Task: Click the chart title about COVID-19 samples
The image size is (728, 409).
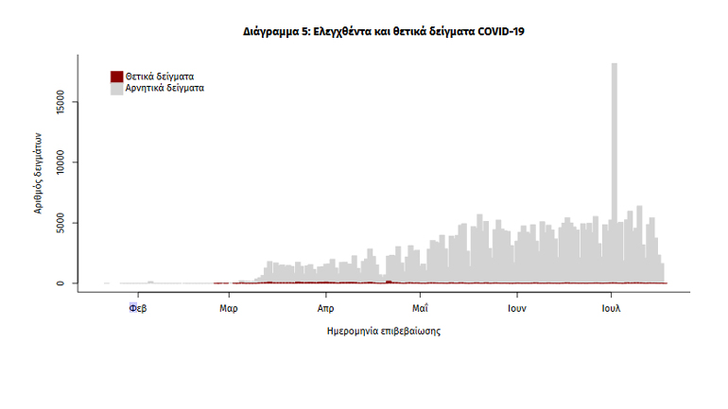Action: [383, 31]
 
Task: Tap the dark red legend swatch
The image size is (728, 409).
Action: [116, 76]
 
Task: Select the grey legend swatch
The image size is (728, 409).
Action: [116, 88]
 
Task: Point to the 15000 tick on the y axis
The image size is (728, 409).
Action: [61, 101]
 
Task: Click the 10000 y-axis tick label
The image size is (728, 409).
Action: [61, 162]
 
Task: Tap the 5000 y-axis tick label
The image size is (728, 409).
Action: [61, 223]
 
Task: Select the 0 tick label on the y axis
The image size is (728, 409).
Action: [61, 283]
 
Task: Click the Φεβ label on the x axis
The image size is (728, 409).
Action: [136, 308]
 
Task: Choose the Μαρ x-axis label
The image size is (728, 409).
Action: [228, 308]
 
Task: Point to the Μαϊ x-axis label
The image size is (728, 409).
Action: [421, 308]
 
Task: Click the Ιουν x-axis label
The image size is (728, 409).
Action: [515, 308]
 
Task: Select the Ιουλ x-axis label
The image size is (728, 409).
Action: [611, 308]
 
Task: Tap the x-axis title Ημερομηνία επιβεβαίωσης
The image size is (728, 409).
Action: [383, 331]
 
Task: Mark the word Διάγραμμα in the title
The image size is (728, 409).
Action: [272, 31]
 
